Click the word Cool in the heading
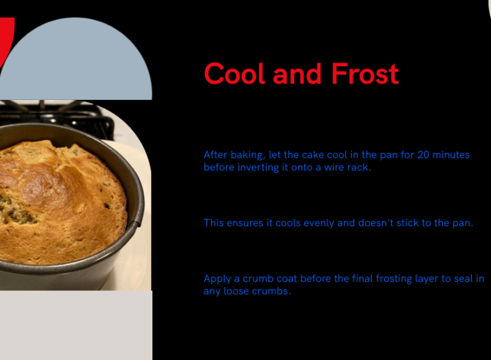click(234, 74)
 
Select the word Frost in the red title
click(365, 74)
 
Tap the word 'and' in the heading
click(297, 74)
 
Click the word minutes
click(451, 155)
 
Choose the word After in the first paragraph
click(215, 155)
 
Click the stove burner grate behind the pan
click(57, 117)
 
